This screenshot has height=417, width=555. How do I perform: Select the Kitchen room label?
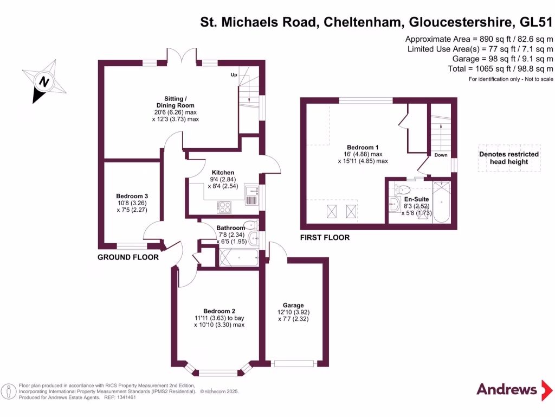click(223, 173)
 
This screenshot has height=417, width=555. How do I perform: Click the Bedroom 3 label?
click(132, 196)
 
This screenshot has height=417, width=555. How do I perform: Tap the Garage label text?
click(293, 305)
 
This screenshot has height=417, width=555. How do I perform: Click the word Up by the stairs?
click(234, 74)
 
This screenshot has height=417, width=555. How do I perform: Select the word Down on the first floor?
click(440, 155)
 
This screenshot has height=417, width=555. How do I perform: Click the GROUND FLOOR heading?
click(128, 257)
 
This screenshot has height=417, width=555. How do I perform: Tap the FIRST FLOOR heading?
click(325, 238)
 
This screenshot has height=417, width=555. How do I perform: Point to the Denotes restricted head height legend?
click(509, 157)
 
